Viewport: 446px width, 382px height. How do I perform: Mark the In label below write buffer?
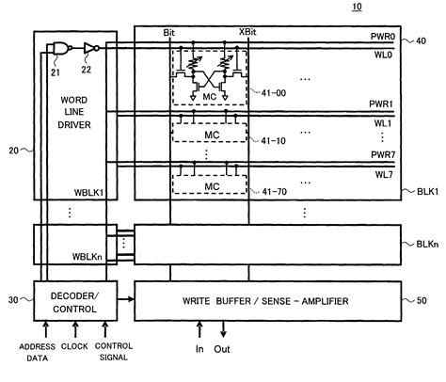click(x=200, y=350)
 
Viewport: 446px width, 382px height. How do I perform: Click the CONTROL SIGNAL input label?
click(x=111, y=351)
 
